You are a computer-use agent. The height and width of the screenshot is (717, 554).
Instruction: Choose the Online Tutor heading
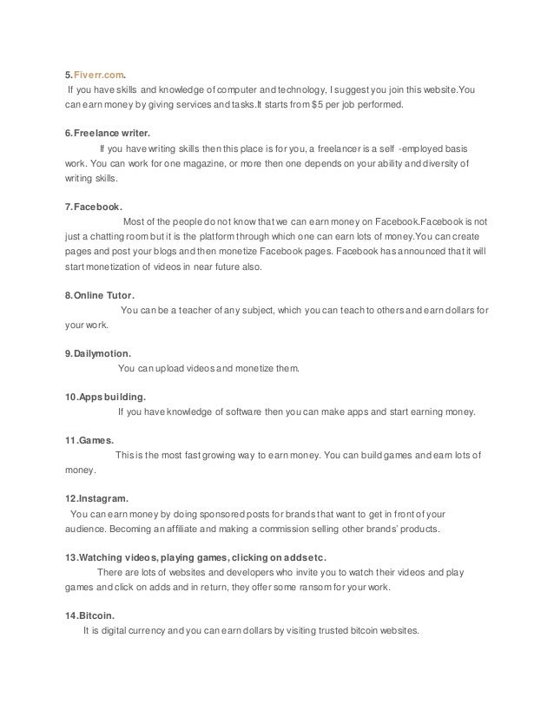pyautogui.click(x=100, y=295)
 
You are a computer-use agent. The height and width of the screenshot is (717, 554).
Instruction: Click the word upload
pyautogui.click(x=174, y=369)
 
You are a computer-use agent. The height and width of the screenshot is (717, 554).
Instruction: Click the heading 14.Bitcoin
pyautogui.click(x=91, y=615)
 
